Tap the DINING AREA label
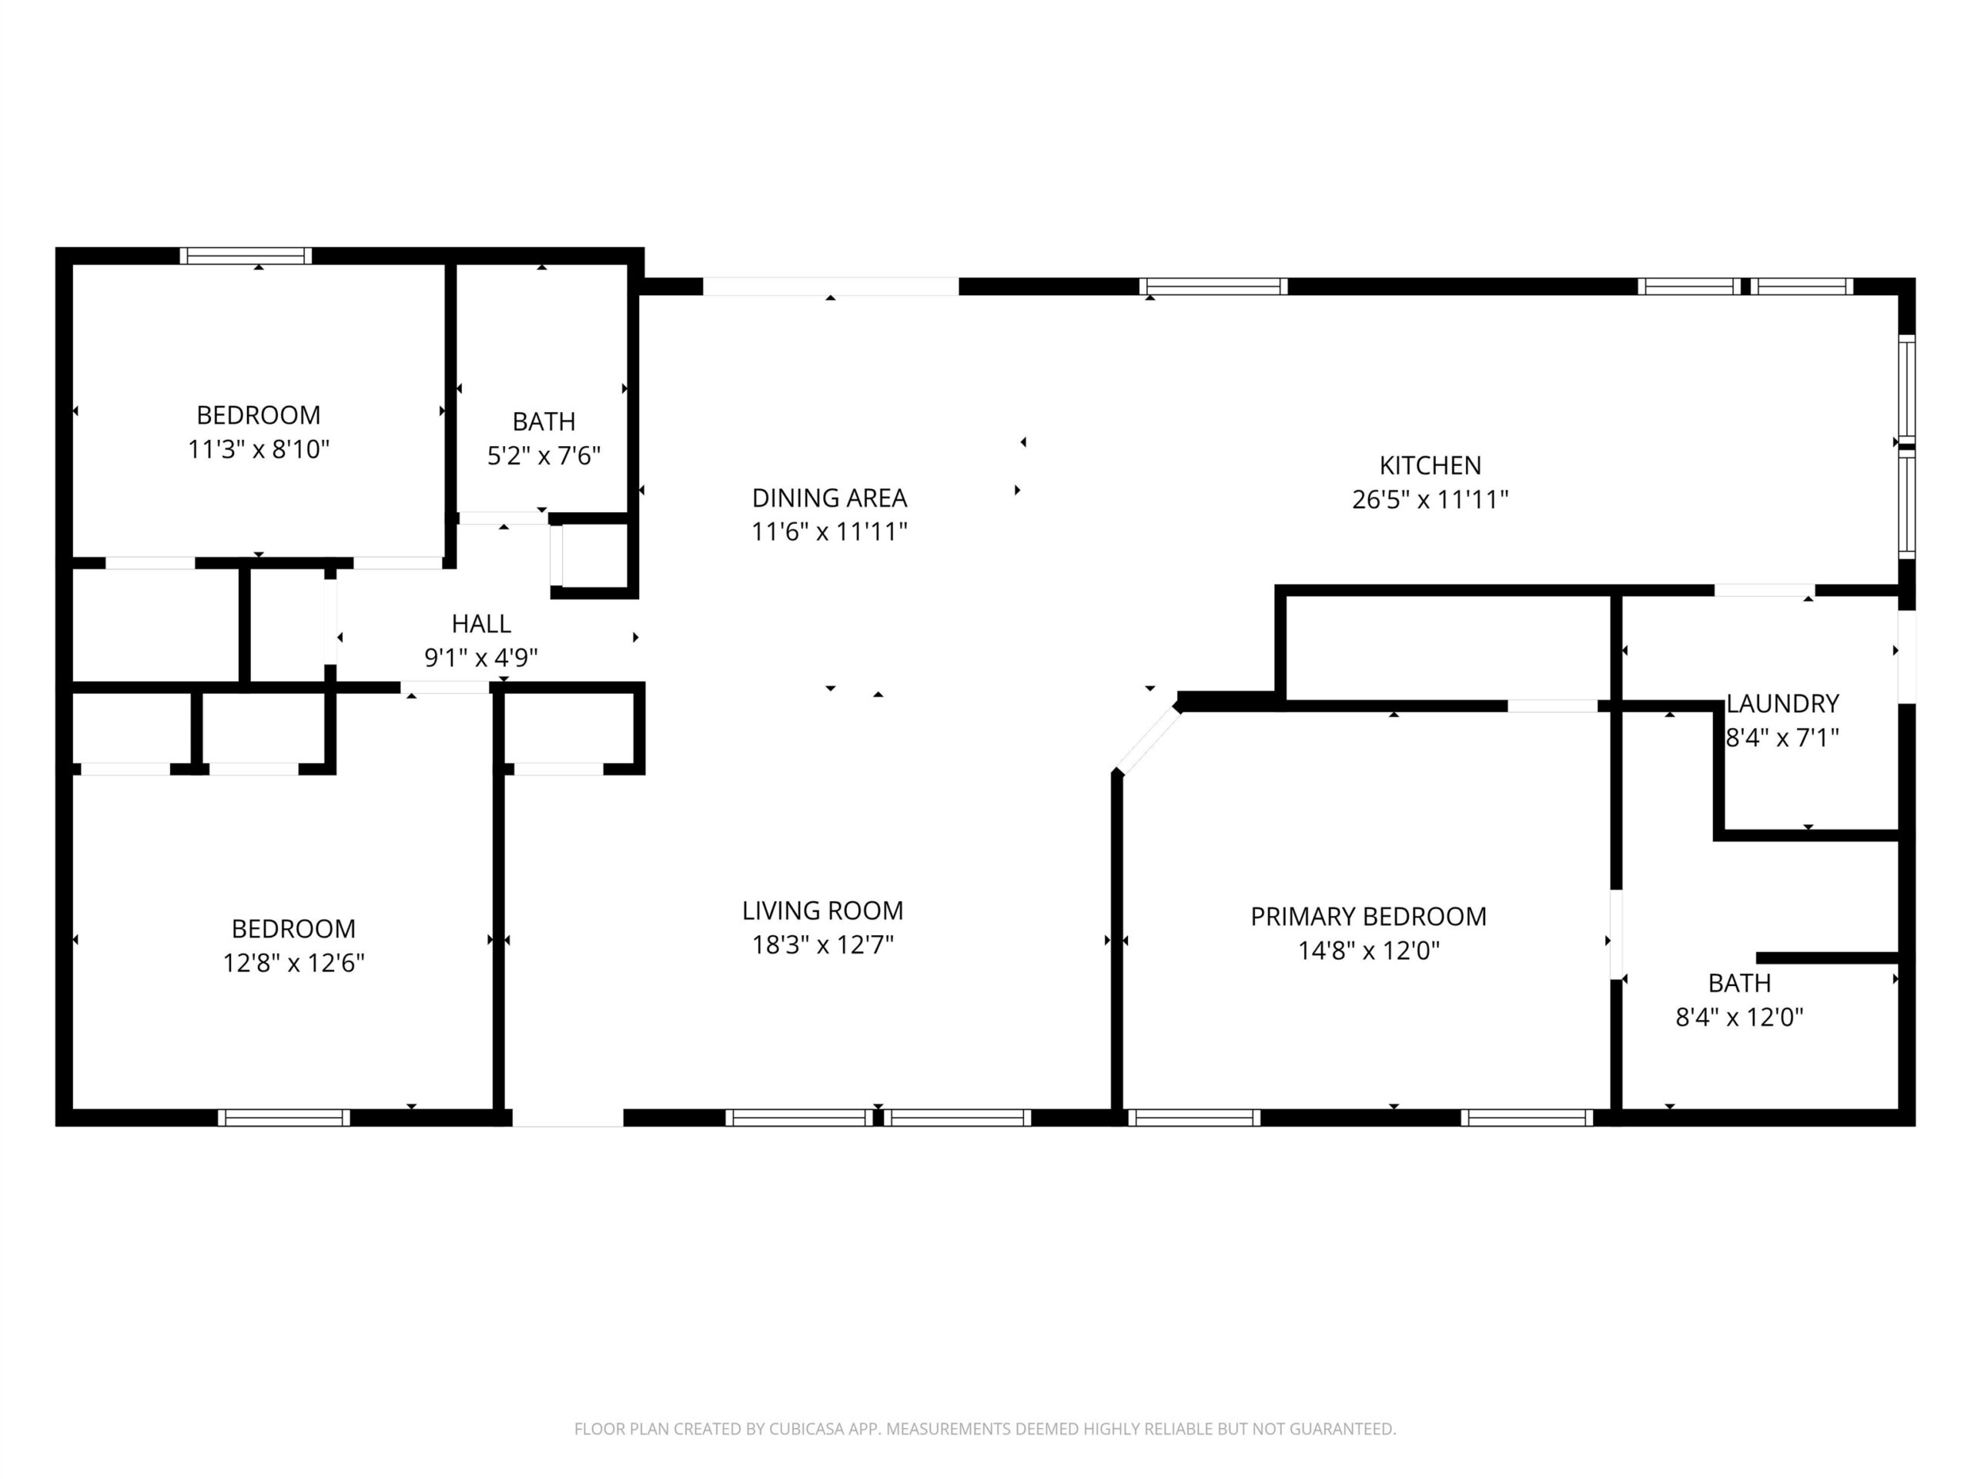(828, 498)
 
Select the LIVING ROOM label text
(822, 911)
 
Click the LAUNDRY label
(1782, 703)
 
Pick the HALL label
(481, 623)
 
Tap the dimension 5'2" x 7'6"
(544, 455)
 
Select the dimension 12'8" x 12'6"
(293, 963)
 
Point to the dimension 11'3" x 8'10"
(259, 449)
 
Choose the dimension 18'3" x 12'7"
(822, 944)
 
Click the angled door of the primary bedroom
(1148, 739)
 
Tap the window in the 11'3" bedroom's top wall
(246, 256)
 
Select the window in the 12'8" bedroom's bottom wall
(284, 1118)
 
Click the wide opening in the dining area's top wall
(831, 287)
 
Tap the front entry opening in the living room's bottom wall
(567, 1118)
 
